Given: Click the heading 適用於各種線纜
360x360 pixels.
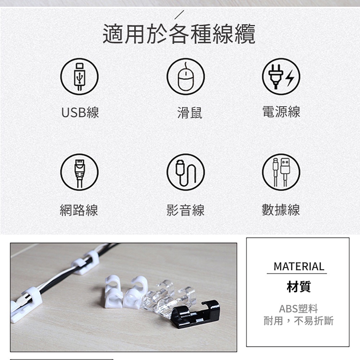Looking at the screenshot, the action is pyautogui.click(x=179, y=34).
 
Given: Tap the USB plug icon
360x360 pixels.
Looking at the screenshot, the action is pyautogui.click(x=80, y=76).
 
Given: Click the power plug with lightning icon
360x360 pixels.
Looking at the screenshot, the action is pyautogui.click(x=281, y=76).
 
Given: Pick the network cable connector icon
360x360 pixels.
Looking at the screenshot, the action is pyautogui.click(x=80, y=172).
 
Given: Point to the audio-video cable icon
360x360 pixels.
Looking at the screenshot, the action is pyautogui.click(x=185, y=172).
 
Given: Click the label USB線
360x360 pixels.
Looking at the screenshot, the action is pyautogui.click(x=80, y=112).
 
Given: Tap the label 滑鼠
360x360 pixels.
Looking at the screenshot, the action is pyautogui.click(x=190, y=113).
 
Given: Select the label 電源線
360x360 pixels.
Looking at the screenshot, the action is pyautogui.click(x=281, y=112).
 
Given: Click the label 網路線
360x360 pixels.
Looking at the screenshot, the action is pyautogui.click(x=79, y=210).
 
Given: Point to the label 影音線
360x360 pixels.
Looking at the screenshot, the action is pyautogui.click(x=185, y=210).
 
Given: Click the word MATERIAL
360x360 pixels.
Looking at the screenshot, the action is pyautogui.click(x=299, y=266).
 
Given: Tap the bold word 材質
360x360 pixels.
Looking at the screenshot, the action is pyautogui.click(x=299, y=287).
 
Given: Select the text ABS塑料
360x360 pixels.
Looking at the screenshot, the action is pyautogui.click(x=298, y=309).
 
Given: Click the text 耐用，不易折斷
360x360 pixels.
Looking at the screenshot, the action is pyautogui.click(x=298, y=321).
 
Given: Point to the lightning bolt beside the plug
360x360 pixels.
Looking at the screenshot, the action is pyautogui.click(x=290, y=78).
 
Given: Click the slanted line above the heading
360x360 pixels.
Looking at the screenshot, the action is pyautogui.click(x=179, y=15).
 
